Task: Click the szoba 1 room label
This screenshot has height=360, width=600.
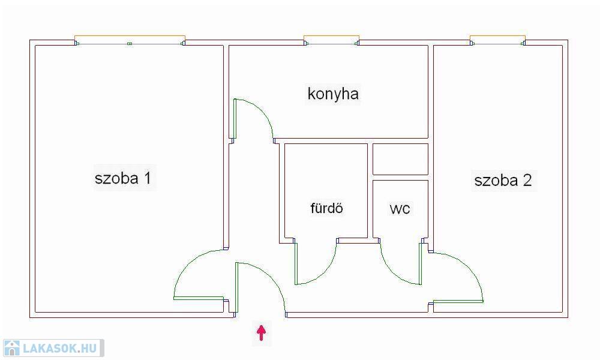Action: (123, 178)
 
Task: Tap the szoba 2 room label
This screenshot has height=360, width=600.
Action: (503, 180)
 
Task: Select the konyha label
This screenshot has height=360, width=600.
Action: (333, 94)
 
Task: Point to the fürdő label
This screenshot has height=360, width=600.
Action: (326, 208)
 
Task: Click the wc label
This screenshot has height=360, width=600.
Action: (400, 209)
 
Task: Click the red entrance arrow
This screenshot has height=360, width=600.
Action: (262, 332)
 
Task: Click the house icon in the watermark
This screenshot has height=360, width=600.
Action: (11, 348)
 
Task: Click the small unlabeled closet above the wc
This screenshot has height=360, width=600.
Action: (400, 159)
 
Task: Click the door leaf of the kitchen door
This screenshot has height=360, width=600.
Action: (235, 119)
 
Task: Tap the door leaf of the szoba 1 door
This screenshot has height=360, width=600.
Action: (199, 298)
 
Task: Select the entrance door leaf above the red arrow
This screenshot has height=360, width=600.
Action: (237, 287)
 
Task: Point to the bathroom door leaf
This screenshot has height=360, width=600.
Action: (296, 263)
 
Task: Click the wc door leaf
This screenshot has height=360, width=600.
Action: (420, 263)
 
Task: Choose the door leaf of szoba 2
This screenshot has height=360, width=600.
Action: (458, 301)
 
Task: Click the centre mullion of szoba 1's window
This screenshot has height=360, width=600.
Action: (130, 44)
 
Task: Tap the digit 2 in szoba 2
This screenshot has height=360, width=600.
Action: (527, 180)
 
